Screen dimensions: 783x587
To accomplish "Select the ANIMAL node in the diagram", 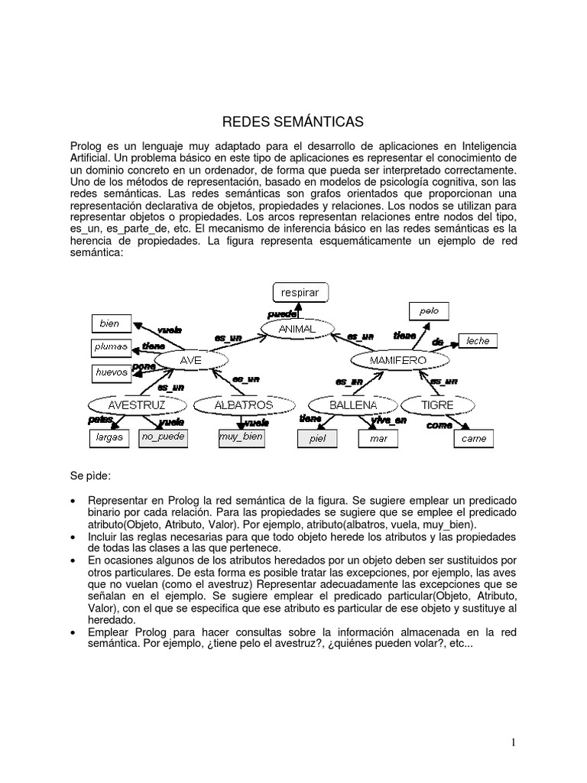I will click(x=297, y=329).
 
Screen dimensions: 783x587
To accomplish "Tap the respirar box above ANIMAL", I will click(x=300, y=292).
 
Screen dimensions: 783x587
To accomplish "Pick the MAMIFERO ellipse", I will click(x=397, y=359).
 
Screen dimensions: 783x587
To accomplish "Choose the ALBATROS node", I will click(x=243, y=404).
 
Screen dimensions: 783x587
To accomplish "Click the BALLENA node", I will click(x=353, y=404).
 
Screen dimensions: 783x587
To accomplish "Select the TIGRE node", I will click(x=436, y=404).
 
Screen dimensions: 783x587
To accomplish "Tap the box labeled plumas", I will click(x=111, y=347).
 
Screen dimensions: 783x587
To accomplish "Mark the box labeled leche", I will click(x=478, y=341).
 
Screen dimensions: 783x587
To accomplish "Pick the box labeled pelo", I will click(x=429, y=311).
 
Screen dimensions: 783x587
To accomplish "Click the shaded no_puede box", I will click(x=162, y=437).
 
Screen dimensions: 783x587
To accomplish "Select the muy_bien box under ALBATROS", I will click(x=241, y=437).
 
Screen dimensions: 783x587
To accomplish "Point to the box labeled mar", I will click(x=378, y=439).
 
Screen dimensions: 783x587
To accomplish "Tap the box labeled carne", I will click(x=473, y=439).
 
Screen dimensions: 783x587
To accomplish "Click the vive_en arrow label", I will click(x=389, y=420).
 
